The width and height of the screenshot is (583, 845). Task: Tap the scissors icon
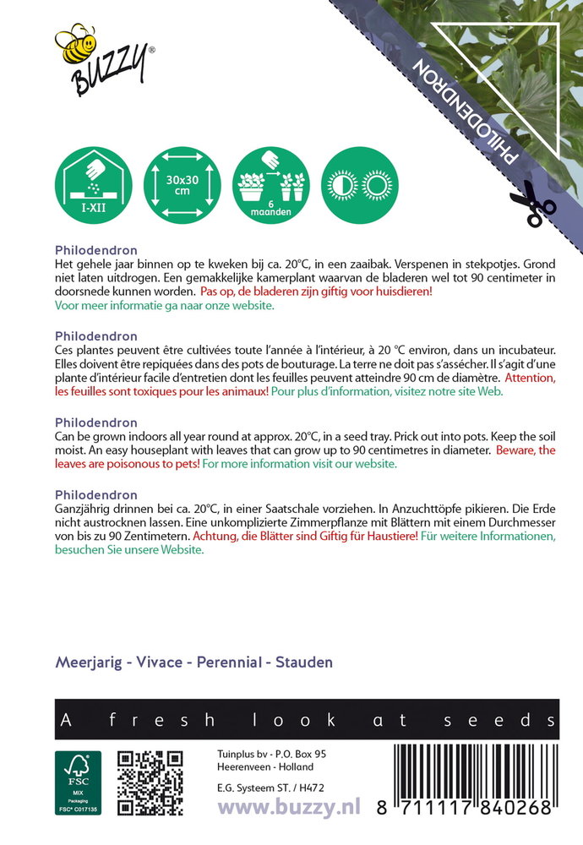point(532,203)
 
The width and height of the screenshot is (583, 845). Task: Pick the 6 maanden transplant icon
point(271,185)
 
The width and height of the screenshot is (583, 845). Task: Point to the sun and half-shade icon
point(360,185)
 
